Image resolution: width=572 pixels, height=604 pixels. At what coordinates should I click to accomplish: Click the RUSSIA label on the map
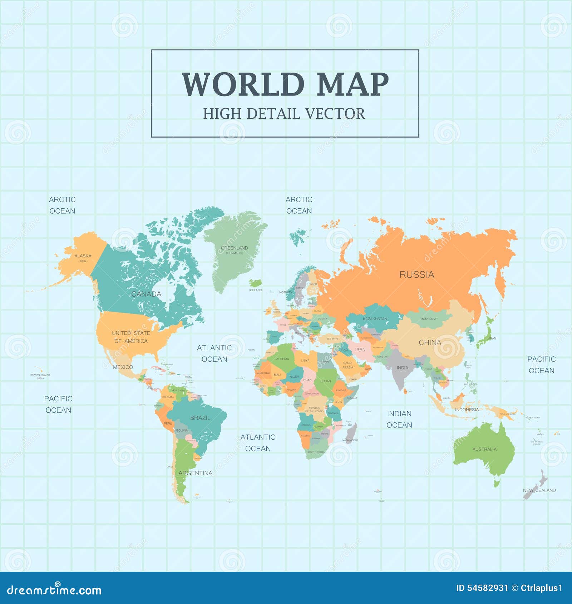417,274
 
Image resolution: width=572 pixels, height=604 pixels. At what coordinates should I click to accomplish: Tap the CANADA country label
146,294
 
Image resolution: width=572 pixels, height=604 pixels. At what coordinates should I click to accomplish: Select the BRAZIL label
200,418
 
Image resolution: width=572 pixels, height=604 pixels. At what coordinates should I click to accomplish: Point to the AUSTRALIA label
484,449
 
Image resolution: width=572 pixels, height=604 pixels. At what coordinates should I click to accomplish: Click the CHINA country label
430,342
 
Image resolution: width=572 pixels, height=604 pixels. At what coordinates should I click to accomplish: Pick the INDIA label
402,368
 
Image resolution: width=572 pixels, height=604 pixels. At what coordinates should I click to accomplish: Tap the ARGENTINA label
195,473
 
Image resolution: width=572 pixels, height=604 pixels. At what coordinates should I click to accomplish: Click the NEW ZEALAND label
539,490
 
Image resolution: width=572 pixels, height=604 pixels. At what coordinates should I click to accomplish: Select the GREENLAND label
235,248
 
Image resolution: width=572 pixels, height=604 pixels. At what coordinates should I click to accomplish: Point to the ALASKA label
83,256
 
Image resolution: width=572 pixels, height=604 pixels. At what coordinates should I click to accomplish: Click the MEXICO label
123,367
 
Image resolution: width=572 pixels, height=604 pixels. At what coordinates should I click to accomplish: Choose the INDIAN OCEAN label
399,419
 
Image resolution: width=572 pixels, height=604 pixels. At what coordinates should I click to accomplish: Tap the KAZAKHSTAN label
375,319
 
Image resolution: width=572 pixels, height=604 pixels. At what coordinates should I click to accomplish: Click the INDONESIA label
467,410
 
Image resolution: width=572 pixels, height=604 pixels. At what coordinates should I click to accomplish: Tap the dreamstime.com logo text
54,590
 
